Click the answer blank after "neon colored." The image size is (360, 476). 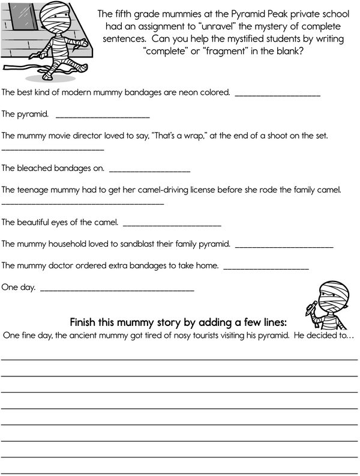click(x=278, y=95)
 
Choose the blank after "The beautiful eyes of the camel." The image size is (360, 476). click(x=172, y=225)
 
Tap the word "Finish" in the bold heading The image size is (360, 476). click(x=85, y=320)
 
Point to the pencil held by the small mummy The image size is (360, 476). click(x=310, y=309)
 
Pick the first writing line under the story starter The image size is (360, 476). click(x=180, y=358)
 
